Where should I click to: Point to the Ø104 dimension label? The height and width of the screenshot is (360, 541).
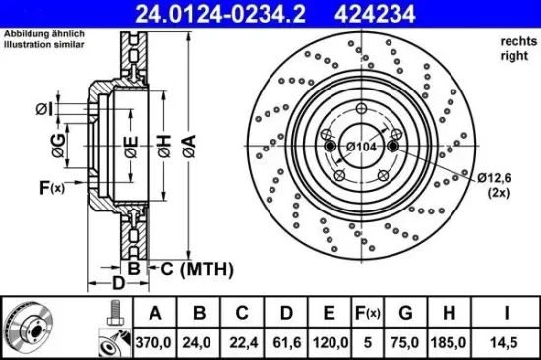pos(362,146)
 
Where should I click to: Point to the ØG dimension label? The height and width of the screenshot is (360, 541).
pos(59,150)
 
